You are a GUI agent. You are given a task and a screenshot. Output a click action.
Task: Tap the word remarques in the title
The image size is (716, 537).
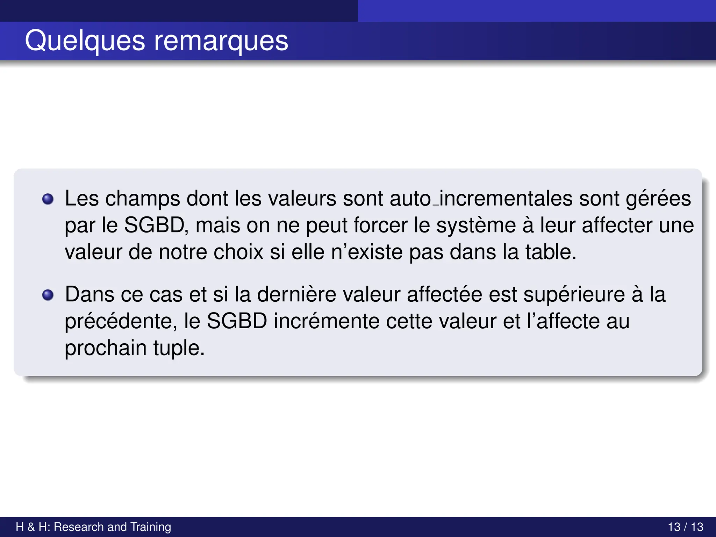pyautogui.click(x=221, y=41)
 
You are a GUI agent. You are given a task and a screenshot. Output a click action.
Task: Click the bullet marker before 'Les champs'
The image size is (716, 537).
pyautogui.click(x=48, y=199)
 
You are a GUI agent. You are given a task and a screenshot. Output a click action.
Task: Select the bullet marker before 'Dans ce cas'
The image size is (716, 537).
pyautogui.click(x=48, y=295)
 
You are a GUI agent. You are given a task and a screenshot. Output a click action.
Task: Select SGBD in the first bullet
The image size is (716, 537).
pyautogui.click(x=154, y=225)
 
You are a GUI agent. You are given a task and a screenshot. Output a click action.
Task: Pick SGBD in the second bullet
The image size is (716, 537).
pyautogui.click(x=237, y=321)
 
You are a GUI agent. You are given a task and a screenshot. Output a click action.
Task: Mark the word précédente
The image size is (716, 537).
pyautogui.click(x=121, y=321)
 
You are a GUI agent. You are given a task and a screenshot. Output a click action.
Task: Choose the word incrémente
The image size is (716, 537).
pyautogui.click(x=326, y=321)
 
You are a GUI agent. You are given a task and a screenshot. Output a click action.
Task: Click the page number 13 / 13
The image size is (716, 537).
pyautogui.click(x=685, y=527)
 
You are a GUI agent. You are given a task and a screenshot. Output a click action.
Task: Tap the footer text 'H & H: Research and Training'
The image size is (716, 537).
pyautogui.click(x=93, y=527)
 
